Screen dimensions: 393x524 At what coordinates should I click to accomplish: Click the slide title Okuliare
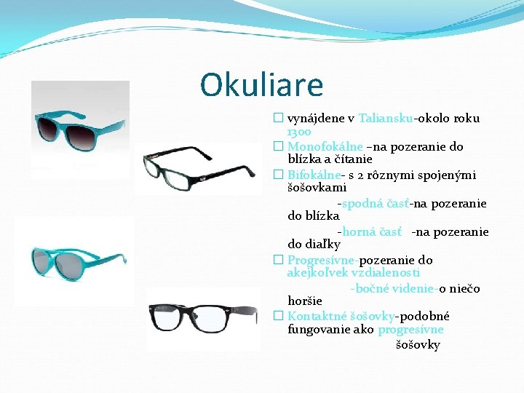tap(261, 85)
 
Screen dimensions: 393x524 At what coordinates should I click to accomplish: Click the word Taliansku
tap(385, 118)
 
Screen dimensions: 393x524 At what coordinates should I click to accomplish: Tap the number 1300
tap(299, 132)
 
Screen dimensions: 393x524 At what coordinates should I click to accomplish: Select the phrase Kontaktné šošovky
tap(341, 317)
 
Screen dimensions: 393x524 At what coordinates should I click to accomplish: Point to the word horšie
tap(305, 301)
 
